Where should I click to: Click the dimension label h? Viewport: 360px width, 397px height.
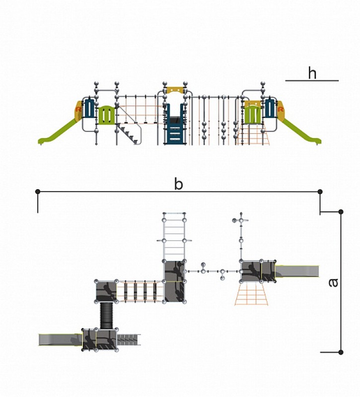tap(312, 73)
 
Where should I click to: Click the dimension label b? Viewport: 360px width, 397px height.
tap(179, 184)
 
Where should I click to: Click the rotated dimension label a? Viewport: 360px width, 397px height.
tap(333, 282)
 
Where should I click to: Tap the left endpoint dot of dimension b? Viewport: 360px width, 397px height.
tap(38, 192)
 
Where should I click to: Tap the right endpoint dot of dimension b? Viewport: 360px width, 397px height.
tap(320, 192)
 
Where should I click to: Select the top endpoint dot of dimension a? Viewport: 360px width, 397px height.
tap(341, 212)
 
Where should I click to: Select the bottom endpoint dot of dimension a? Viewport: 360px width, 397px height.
tap(341, 352)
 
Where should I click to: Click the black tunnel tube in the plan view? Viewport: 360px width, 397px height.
tap(106, 316)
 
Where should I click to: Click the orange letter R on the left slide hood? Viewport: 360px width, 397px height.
tap(78, 109)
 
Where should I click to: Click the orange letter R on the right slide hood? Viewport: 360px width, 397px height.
tap(281, 109)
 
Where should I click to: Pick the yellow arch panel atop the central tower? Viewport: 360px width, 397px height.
tap(175, 90)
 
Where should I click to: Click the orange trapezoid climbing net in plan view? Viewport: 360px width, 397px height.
tap(251, 294)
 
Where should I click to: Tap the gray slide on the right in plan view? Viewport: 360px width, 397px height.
tap(297, 271)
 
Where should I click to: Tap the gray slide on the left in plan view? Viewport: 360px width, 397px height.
tap(61, 339)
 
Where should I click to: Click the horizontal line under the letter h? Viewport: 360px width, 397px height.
tap(312, 80)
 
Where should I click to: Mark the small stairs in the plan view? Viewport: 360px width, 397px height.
tap(129, 339)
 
